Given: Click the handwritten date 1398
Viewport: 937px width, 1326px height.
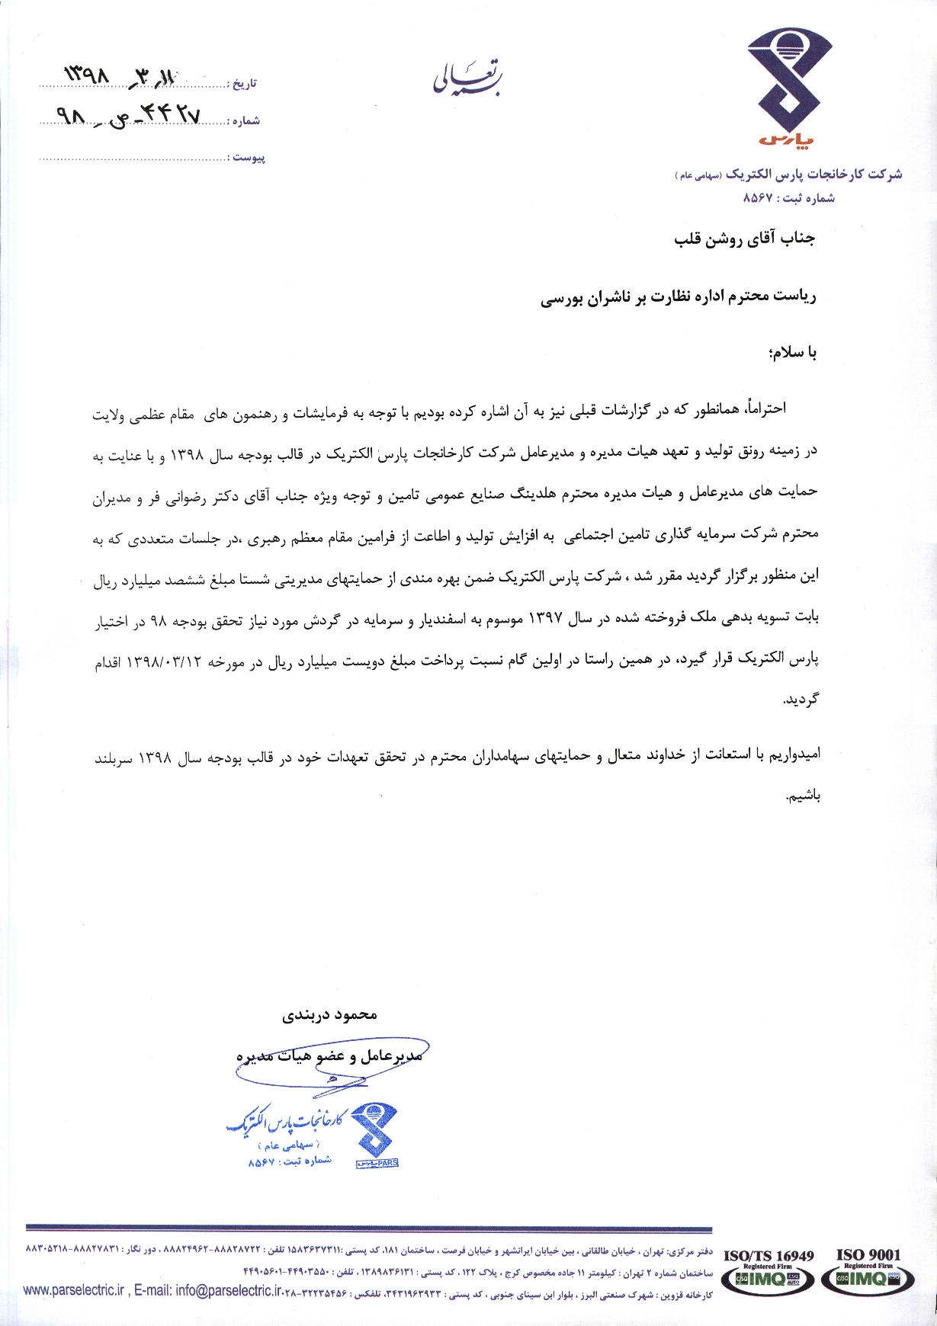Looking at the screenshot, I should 88,75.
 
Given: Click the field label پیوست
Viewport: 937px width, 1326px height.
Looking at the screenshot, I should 249,157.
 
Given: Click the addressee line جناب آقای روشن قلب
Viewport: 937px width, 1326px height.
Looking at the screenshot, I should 744,239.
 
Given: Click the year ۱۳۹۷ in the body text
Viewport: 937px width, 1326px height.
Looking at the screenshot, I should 545,619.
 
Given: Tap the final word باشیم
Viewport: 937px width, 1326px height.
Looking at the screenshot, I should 803,797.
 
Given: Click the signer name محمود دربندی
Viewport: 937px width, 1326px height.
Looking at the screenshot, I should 330,1015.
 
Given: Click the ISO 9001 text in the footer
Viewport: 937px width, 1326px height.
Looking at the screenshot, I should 868,1254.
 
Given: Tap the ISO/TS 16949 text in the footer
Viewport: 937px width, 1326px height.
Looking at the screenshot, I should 769,1256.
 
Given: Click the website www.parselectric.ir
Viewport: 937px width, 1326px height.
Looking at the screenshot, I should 73,1290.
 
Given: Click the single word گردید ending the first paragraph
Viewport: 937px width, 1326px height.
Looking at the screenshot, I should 801,699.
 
